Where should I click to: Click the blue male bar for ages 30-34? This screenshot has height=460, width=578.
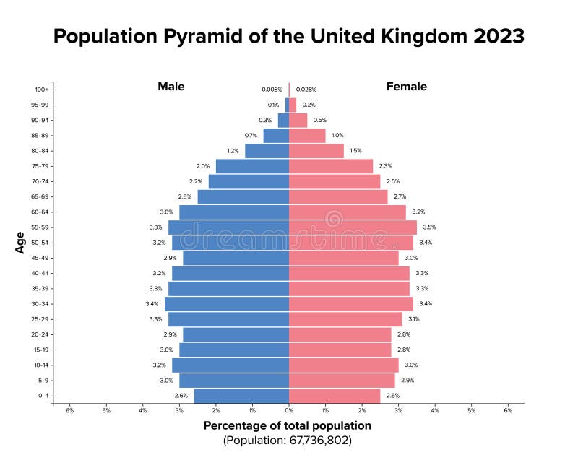(227, 304)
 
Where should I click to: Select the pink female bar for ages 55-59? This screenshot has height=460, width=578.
(353, 227)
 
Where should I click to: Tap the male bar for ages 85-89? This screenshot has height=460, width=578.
(276, 136)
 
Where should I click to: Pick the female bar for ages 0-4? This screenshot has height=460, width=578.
(335, 396)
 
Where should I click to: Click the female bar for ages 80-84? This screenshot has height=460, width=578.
(316, 151)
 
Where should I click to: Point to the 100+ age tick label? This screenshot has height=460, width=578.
(41, 90)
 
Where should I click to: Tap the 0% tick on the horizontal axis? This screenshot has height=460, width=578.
(289, 412)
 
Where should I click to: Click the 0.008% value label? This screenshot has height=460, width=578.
(272, 90)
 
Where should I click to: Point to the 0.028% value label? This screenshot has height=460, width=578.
(306, 90)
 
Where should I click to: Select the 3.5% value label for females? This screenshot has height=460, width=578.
(429, 227)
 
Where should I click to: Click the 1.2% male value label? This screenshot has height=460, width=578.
(233, 151)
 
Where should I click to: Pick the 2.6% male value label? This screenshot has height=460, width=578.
(181, 396)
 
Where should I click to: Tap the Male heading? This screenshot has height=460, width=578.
(171, 87)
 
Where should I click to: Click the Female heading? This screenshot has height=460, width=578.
(406, 87)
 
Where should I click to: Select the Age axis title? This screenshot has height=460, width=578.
(20, 242)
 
